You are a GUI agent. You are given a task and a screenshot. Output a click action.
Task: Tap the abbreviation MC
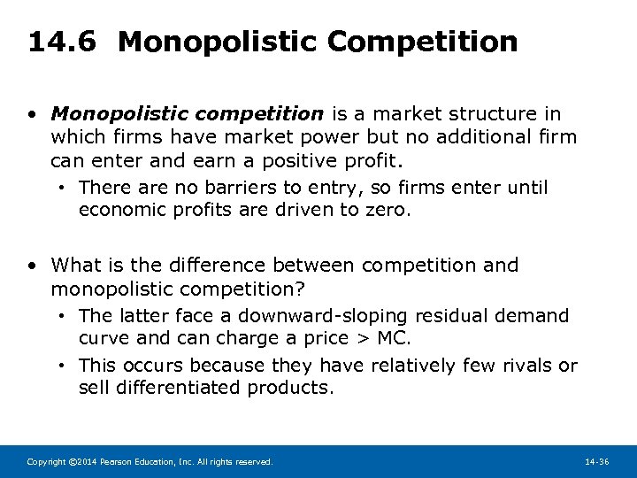tap(394, 338)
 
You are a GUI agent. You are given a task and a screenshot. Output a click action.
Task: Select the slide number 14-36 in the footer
tap(598, 462)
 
